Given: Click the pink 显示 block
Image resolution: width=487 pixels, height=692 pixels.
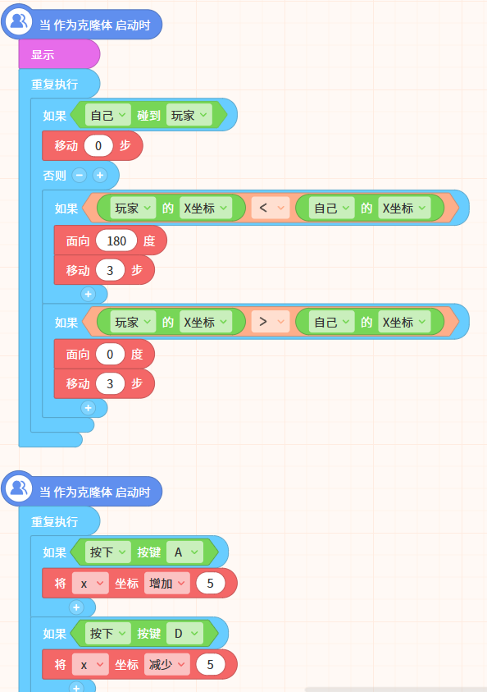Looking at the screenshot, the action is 59,54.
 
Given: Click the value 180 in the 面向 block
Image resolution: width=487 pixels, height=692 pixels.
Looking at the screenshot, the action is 116,241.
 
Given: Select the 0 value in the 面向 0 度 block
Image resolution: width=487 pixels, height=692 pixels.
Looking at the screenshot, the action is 110,355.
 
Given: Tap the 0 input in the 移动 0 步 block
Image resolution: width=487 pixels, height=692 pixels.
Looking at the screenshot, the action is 98,145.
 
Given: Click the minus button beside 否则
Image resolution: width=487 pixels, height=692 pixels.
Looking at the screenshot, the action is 80,175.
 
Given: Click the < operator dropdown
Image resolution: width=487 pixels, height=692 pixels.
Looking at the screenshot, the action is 271,208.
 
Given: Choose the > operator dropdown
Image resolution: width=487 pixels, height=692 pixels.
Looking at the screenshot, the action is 271,322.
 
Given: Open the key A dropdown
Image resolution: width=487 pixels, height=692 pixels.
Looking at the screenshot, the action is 185,552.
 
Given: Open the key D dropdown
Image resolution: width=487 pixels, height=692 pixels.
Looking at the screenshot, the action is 185,633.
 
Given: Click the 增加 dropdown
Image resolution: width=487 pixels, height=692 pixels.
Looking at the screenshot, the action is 167,584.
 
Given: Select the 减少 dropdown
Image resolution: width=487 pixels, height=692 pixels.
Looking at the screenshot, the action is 167,665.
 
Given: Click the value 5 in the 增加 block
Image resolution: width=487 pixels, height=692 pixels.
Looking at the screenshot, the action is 210,584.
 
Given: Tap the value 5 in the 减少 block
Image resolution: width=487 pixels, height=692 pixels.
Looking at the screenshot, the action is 210,665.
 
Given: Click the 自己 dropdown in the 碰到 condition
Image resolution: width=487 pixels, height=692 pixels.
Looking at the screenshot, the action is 108,115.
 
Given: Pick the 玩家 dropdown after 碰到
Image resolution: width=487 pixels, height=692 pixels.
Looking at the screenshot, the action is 189,115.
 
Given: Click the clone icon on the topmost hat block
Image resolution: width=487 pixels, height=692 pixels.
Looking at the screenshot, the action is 19,21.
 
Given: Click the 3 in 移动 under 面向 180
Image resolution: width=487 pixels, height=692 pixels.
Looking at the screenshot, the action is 110,270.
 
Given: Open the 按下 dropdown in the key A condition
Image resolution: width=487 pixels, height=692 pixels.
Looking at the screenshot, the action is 108,552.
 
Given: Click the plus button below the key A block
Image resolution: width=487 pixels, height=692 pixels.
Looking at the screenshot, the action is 76,607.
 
